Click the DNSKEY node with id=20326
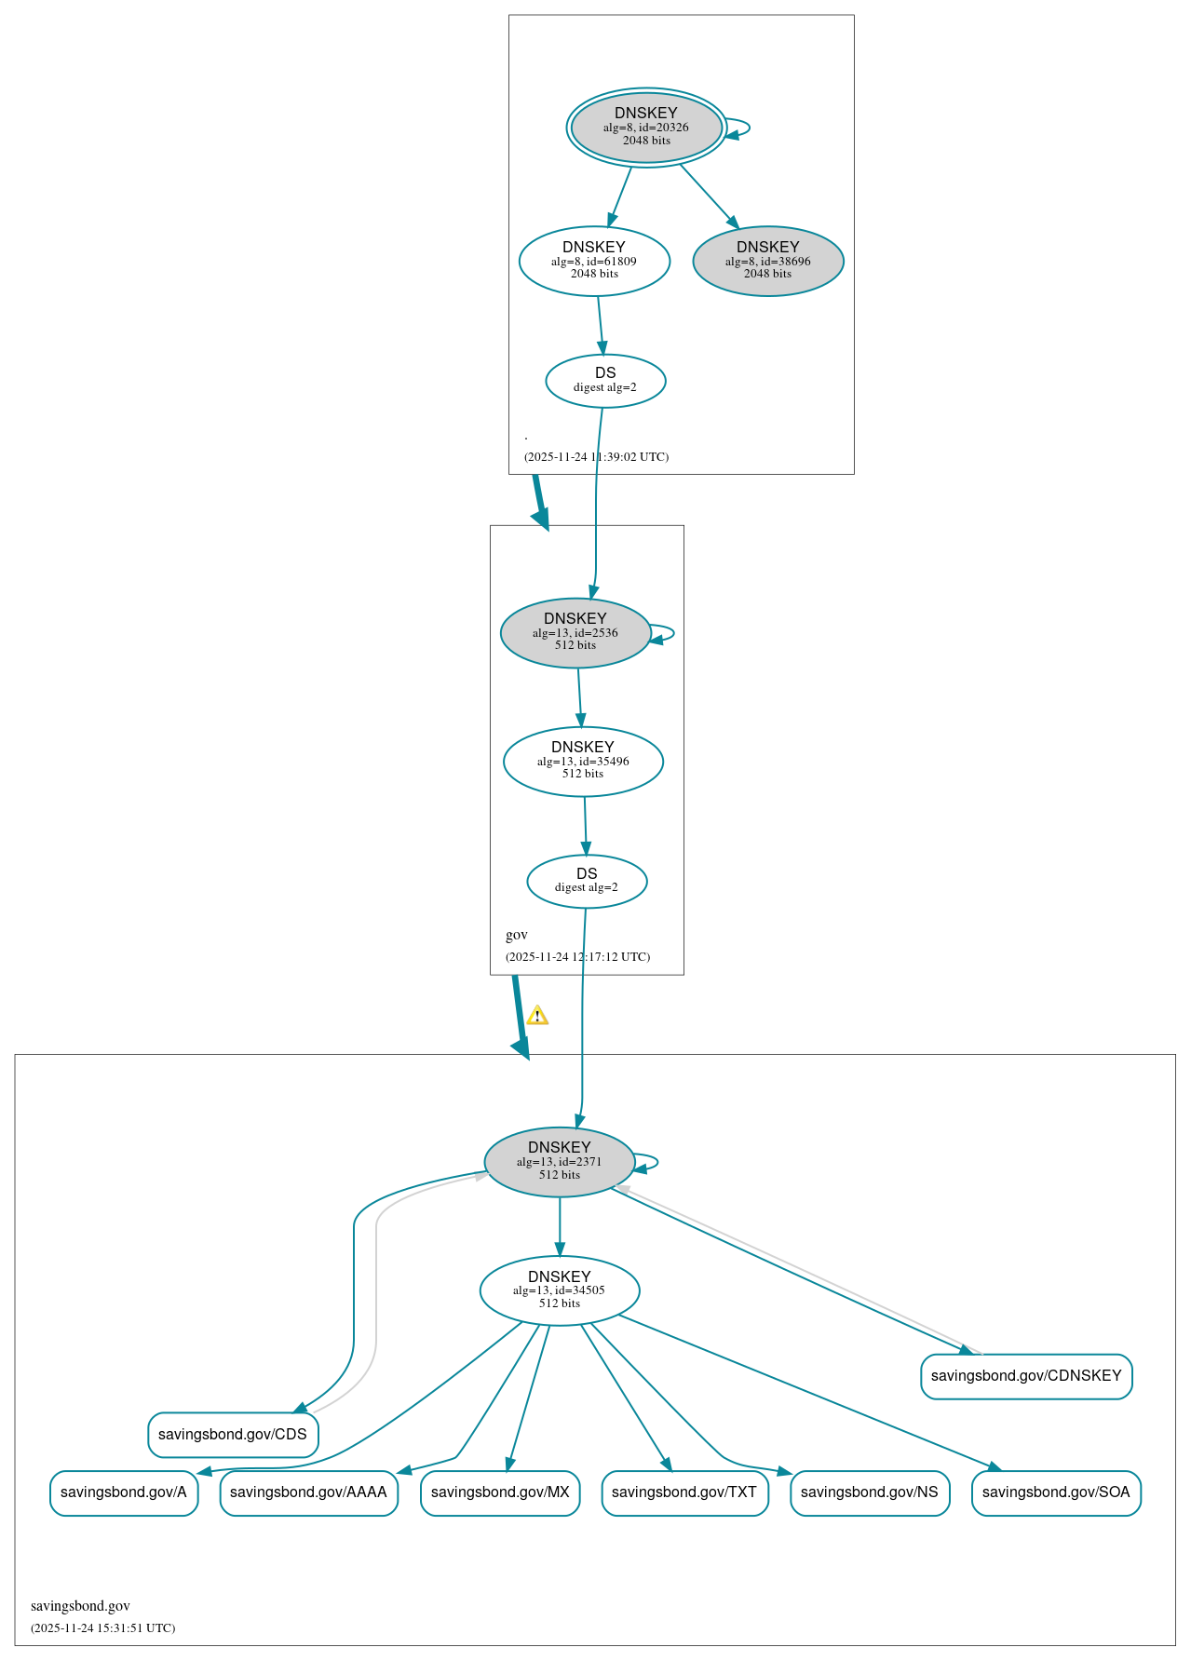[x=646, y=128]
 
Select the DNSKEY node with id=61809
[x=594, y=261]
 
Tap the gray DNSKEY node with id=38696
[x=768, y=261]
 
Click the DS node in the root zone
[x=605, y=381]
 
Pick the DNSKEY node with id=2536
[x=575, y=632]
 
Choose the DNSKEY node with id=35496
[x=583, y=761]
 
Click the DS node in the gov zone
[x=587, y=881]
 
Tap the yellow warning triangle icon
[x=537, y=1016]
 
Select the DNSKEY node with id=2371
[x=560, y=1162]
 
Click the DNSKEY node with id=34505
[x=560, y=1290]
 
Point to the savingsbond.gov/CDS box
[x=233, y=1435]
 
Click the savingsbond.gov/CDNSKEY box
[x=1026, y=1376]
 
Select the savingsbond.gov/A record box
[x=124, y=1492]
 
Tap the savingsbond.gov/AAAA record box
[x=308, y=1492]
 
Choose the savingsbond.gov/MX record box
[x=500, y=1492]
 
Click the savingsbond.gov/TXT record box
[x=684, y=1492]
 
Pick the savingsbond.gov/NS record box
[x=870, y=1492]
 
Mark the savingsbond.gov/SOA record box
[x=1056, y=1492]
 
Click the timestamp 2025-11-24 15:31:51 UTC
[x=102, y=1628]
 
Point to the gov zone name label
[x=517, y=935]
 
